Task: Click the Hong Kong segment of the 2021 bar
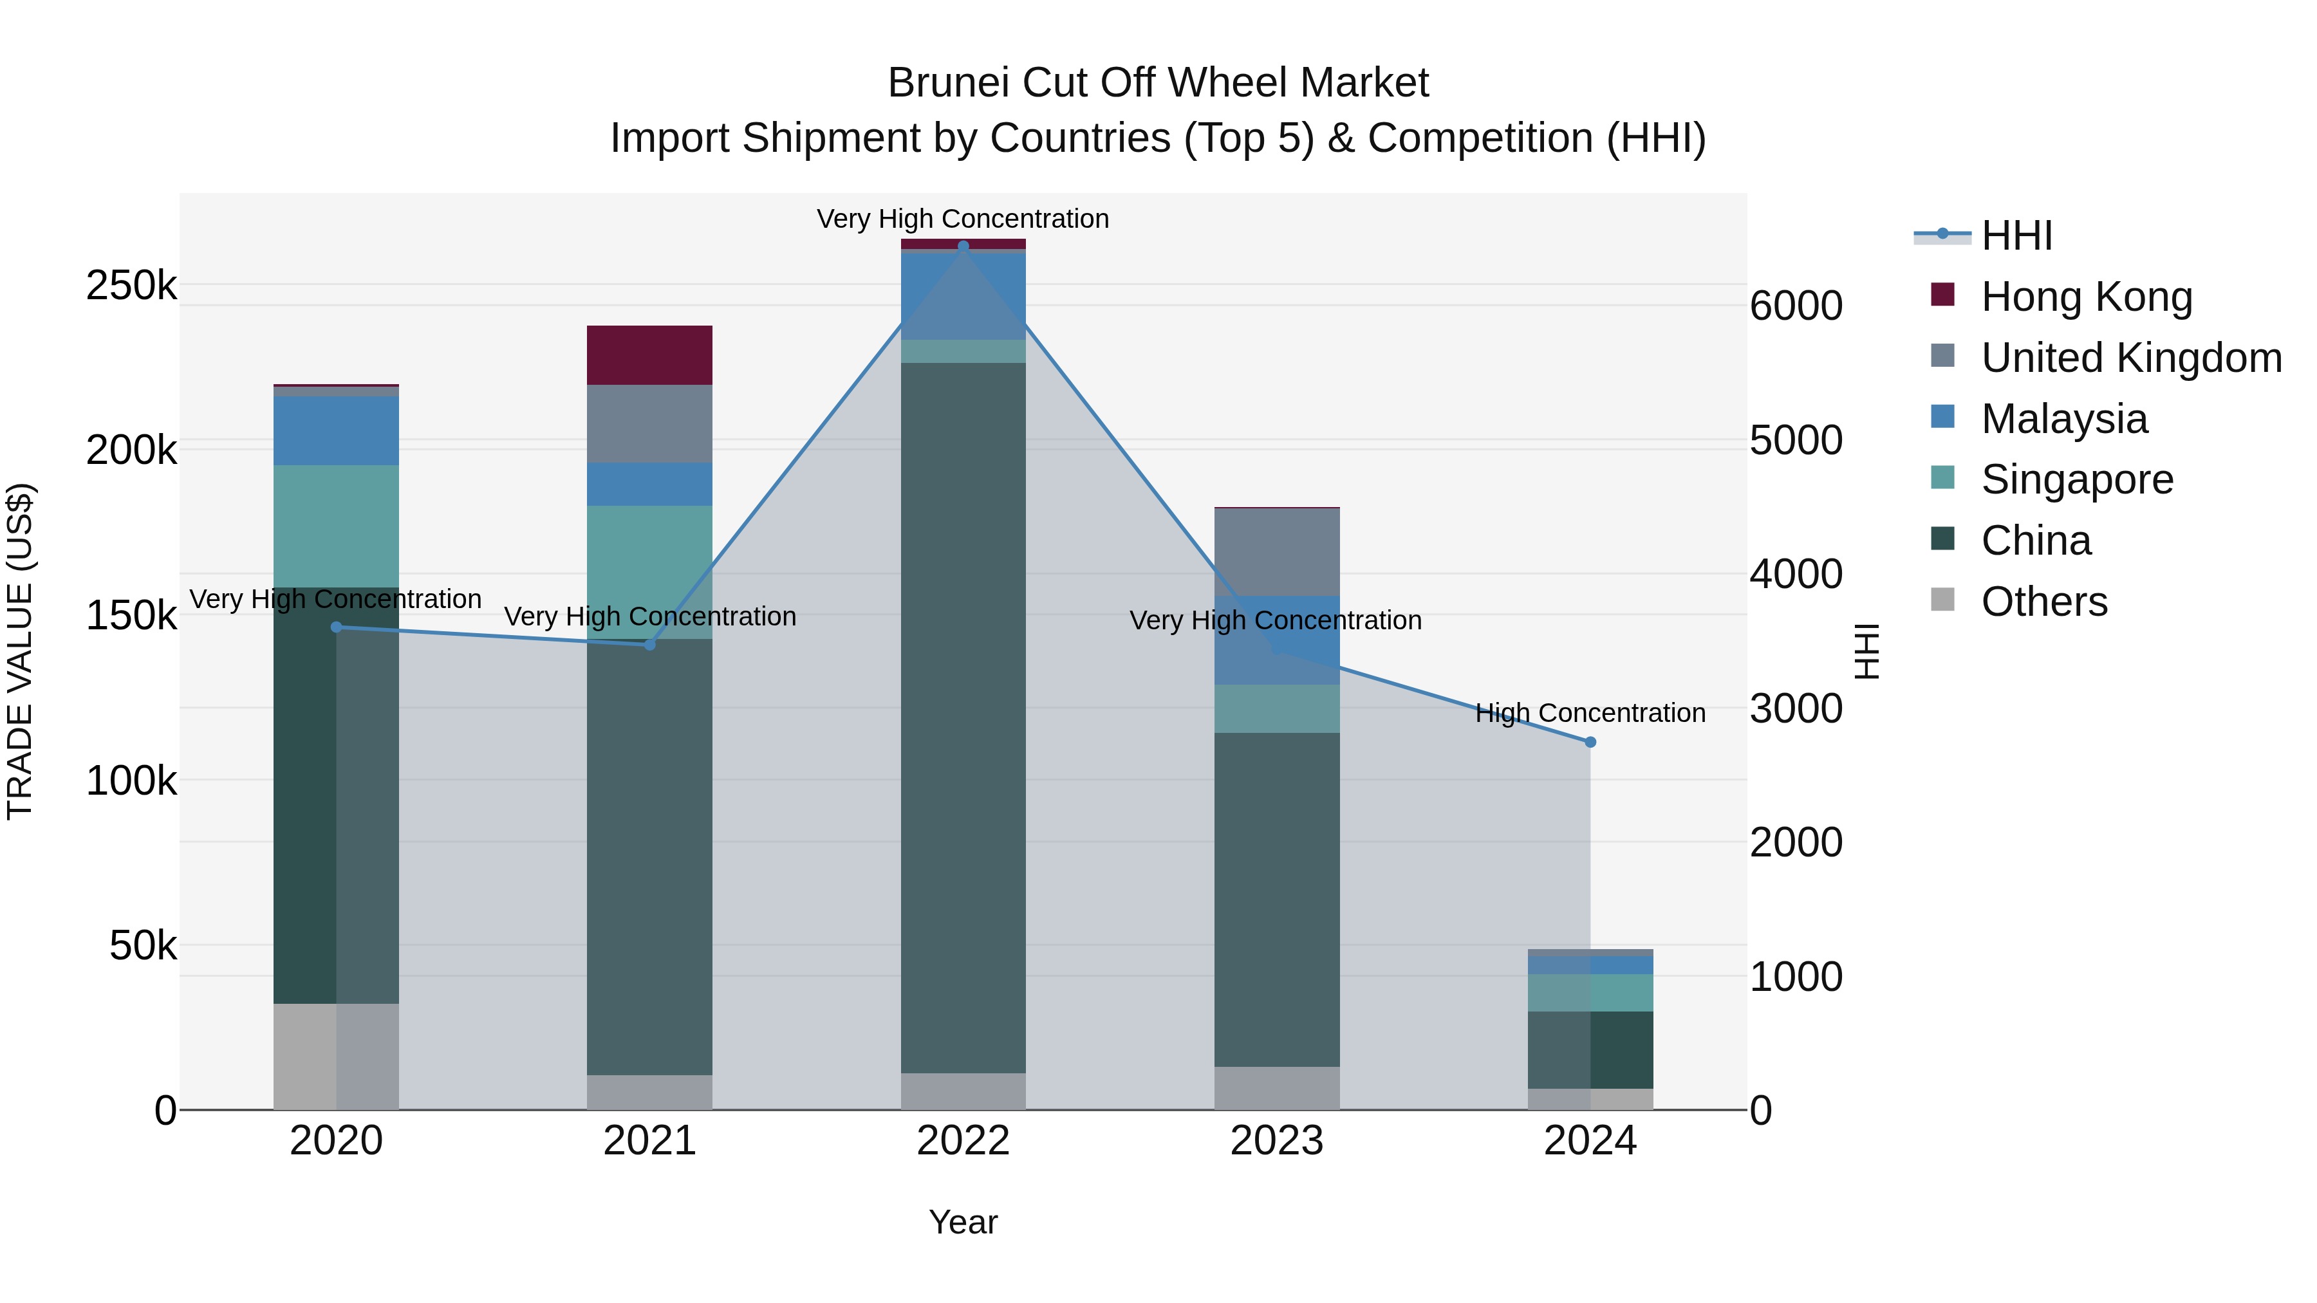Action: tap(649, 355)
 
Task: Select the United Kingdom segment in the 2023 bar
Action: tap(1276, 552)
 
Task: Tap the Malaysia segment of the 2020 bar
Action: tap(335, 430)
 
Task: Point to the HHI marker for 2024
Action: tap(1590, 742)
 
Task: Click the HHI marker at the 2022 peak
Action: tap(963, 246)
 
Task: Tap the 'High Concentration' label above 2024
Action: tap(1590, 713)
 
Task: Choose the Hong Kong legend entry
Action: tap(2086, 297)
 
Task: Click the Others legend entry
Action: tap(2043, 602)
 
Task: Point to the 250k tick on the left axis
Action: tap(131, 286)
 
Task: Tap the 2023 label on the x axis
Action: tap(1276, 1141)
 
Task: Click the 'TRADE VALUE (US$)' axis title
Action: tap(20, 651)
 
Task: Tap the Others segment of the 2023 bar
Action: tap(1276, 1088)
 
